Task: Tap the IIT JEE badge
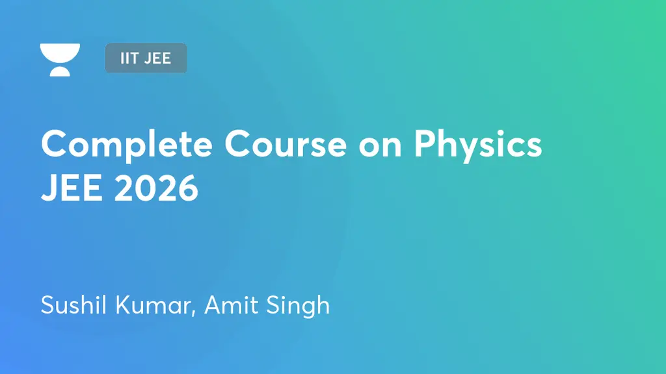click(x=146, y=58)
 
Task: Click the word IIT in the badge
click(x=129, y=58)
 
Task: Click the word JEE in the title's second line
click(x=69, y=188)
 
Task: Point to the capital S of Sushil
click(x=47, y=305)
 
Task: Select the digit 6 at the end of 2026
click(x=187, y=188)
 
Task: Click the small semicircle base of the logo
click(x=60, y=71)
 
